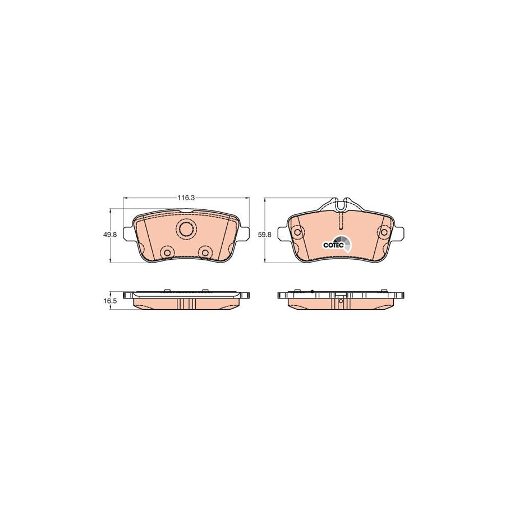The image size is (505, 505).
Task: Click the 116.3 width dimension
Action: [186, 198]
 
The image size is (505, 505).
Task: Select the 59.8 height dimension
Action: [265, 235]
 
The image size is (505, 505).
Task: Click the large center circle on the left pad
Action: [186, 229]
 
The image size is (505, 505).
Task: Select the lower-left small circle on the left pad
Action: [167, 253]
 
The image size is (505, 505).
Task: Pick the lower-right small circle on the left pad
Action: [204, 253]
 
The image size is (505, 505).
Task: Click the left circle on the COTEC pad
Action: [297, 232]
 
